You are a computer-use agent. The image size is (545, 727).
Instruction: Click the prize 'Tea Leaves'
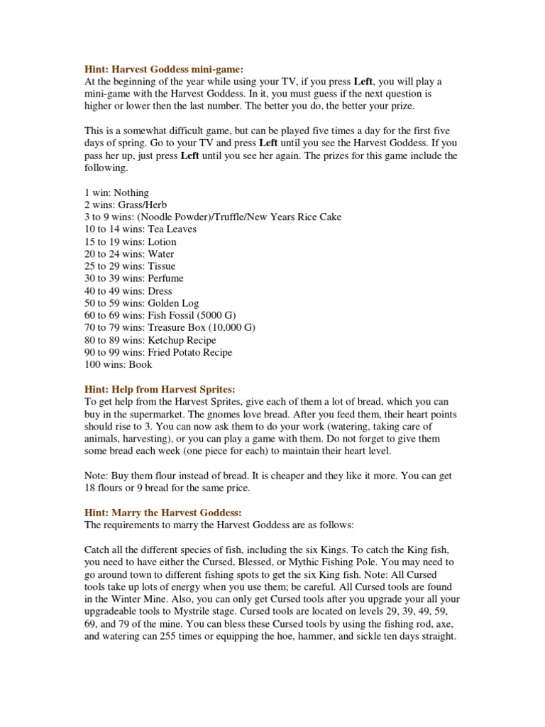[172, 229]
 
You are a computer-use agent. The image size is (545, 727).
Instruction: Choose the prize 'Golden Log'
[174, 303]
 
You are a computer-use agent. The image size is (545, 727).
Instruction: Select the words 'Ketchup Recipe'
[182, 340]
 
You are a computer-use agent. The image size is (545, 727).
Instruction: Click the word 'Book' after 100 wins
[140, 364]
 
